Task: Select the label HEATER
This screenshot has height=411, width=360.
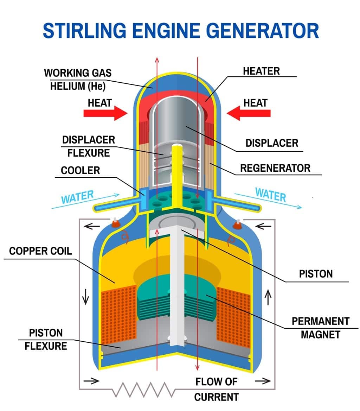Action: coord(261,71)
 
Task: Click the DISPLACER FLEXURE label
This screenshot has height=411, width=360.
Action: coord(88,146)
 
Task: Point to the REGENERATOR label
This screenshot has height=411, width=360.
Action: coord(275,168)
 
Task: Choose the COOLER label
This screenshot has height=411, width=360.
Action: coord(80,171)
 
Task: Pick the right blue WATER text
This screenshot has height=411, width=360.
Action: coord(270,195)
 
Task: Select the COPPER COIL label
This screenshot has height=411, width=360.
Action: coord(40,251)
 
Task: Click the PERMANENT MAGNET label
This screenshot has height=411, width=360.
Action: coord(320,327)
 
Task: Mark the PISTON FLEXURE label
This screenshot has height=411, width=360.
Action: coord(46,339)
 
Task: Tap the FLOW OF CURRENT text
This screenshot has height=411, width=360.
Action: coord(216,389)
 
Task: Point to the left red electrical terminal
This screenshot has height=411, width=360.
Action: coord(115,223)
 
